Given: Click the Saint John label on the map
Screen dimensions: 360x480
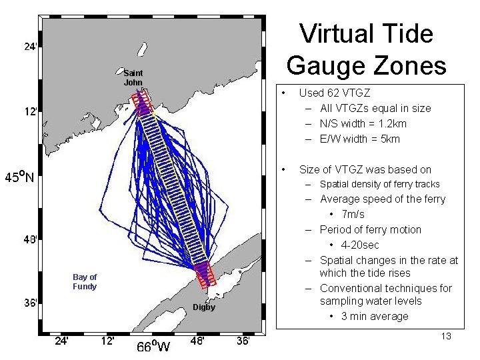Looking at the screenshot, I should click(x=133, y=77).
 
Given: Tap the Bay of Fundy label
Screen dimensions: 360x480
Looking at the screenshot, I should click(x=85, y=281).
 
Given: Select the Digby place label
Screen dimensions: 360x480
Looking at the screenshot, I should click(x=203, y=307).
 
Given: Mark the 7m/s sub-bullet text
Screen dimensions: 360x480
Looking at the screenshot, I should click(x=353, y=214).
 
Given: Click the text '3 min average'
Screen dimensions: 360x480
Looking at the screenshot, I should click(x=375, y=316).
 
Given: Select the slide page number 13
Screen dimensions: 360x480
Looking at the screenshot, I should click(x=445, y=336).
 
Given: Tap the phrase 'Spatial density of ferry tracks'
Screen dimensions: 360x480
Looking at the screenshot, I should click(x=380, y=184).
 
